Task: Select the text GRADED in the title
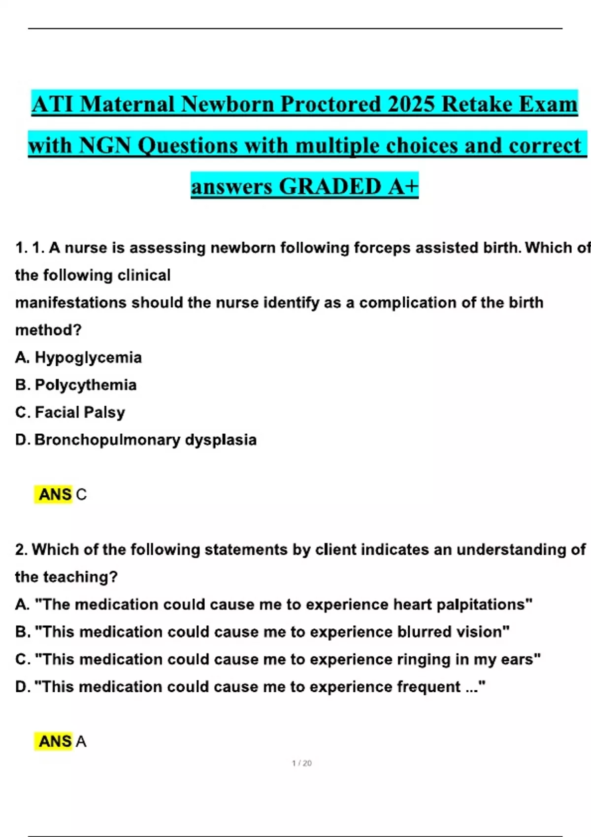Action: (x=329, y=187)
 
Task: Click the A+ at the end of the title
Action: (x=403, y=187)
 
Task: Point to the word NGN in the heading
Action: (x=104, y=146)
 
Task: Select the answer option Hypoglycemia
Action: (x=88, y=357)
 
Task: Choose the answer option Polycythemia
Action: (x=86, y=385)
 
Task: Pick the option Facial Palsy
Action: (x=80, y=412)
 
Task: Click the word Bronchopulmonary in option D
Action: (x=107, y=440)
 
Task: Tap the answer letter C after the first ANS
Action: (x=81, y=494)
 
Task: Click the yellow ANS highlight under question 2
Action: (x=55, y=741)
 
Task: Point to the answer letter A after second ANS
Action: (x=81, y=741)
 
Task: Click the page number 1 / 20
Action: (x=301, y=763)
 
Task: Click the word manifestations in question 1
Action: (x=70, y=302)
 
